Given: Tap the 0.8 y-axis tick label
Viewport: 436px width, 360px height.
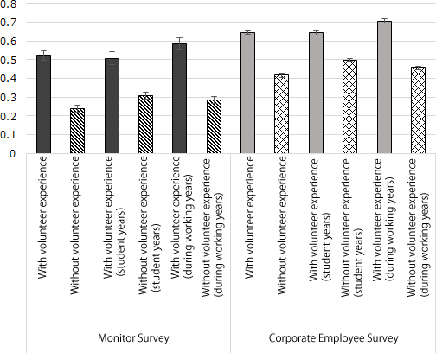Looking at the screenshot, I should (x=9, y=4).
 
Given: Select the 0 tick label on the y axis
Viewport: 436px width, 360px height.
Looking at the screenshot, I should (x=12, y=154).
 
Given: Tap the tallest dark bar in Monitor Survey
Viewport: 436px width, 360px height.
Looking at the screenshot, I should (x=179, y=99).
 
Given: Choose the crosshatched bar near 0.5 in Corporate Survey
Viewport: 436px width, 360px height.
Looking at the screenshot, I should (x=349, y=107).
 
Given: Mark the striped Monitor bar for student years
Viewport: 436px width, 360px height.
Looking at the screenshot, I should (x=145, y=125).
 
